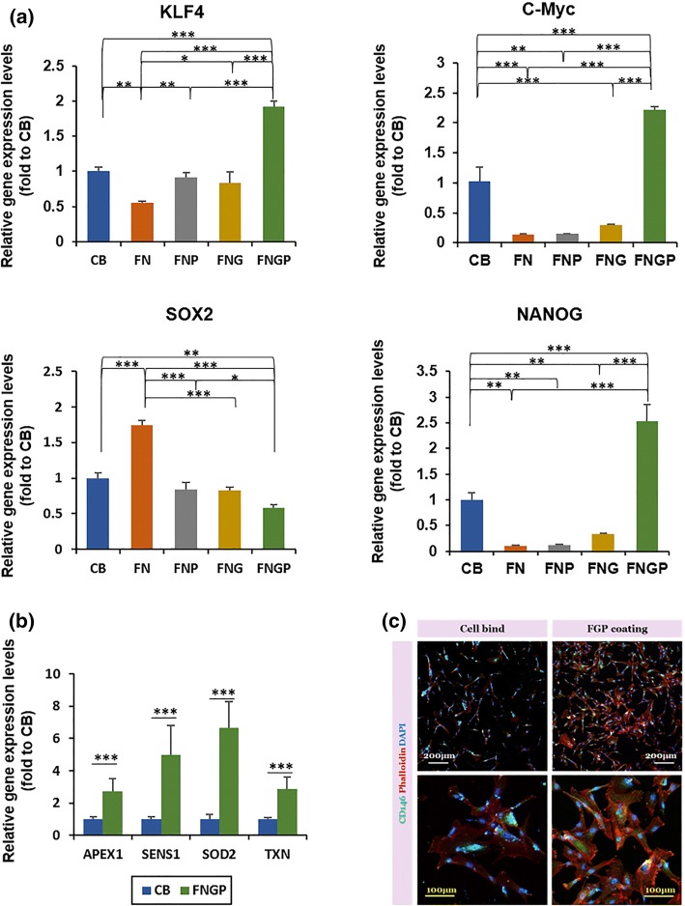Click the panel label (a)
click(24, 12)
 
